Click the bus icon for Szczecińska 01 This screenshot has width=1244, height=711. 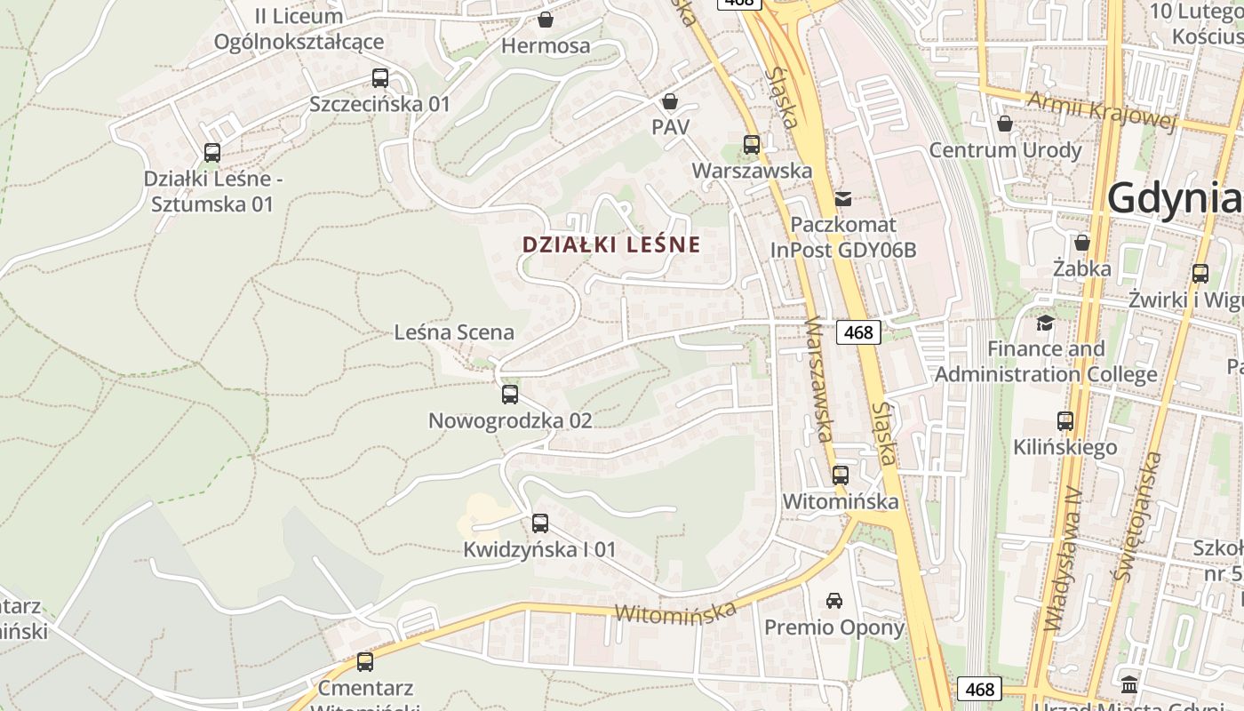tap(380, 78)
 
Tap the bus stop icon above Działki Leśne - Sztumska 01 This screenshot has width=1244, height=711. tap(211, 153)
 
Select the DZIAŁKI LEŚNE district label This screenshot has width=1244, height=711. tap(611, 244)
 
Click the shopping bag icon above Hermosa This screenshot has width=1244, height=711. tap(546, 20)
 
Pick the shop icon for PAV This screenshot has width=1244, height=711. tap(670, 102)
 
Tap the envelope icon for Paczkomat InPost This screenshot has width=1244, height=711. tap(842, 199)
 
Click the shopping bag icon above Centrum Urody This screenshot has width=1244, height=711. tap(1005, 124)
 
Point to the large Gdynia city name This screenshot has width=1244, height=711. tap(1174, 198)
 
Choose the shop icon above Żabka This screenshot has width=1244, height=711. tap(1082, 243)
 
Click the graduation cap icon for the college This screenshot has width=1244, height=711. tap(1046, 323)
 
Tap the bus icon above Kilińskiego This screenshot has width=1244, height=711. tap(1065, 421)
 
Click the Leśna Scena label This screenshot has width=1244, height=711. tap(454, 332)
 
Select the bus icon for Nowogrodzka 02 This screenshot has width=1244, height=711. tap(510, 395)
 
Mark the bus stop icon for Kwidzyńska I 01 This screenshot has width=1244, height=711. tap(539, 523)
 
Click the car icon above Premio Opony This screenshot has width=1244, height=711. tap(834, 601)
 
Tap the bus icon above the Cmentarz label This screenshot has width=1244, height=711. tap(365, 662)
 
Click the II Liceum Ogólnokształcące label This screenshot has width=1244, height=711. tap(299, 28)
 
